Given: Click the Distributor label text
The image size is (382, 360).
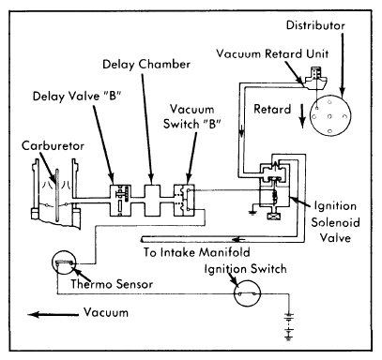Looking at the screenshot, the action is pyautogui.click(x=315, y=25).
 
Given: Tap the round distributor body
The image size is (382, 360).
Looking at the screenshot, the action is pyautogui.click(x=330, y=115).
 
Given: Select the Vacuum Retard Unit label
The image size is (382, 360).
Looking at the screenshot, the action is pyautogui.click(x=272, y=53).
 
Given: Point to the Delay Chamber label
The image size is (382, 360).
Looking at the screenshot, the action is pyautogui.click(x=146, y=65).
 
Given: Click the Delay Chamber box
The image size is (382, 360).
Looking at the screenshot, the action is pyautogui.click(x=152, y=200).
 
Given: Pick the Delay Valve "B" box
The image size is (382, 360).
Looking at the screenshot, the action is pyautogui.click(x=120, y=201).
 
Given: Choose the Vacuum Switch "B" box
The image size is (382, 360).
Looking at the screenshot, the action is pyautogui.click(x=184, y=201).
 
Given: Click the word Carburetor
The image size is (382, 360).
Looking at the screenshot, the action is pyautogui.click(x=53, y=146).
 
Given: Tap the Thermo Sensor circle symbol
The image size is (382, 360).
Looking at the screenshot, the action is pyautogui.click(x=64, y=262).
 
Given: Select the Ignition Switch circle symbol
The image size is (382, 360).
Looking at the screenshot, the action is pyautogui.click(x=247, y=293).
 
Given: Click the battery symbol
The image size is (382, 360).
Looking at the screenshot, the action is pyautogui.click(x=288, y=326).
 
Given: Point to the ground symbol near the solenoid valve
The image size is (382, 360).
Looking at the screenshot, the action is pyautogui.click(x=252, y=213).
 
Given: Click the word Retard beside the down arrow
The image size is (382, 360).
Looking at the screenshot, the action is pyautogui.click(x=272, y=110).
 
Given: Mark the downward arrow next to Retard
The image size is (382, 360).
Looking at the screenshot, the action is pyautogui.click(x=302, y=116).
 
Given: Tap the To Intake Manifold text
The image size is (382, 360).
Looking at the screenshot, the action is pyautogui.click(x=197, y=252).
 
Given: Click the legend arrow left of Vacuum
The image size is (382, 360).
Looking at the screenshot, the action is pyautogui.click(x=53, y=314).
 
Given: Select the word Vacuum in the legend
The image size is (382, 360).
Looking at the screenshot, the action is pyautogui.click(x=106, y=312).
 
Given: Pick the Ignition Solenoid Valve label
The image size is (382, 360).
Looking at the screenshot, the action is pyautogui.click(x=335, y=222).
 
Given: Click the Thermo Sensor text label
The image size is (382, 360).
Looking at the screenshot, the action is pyautogui.click(x=112, y=284).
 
